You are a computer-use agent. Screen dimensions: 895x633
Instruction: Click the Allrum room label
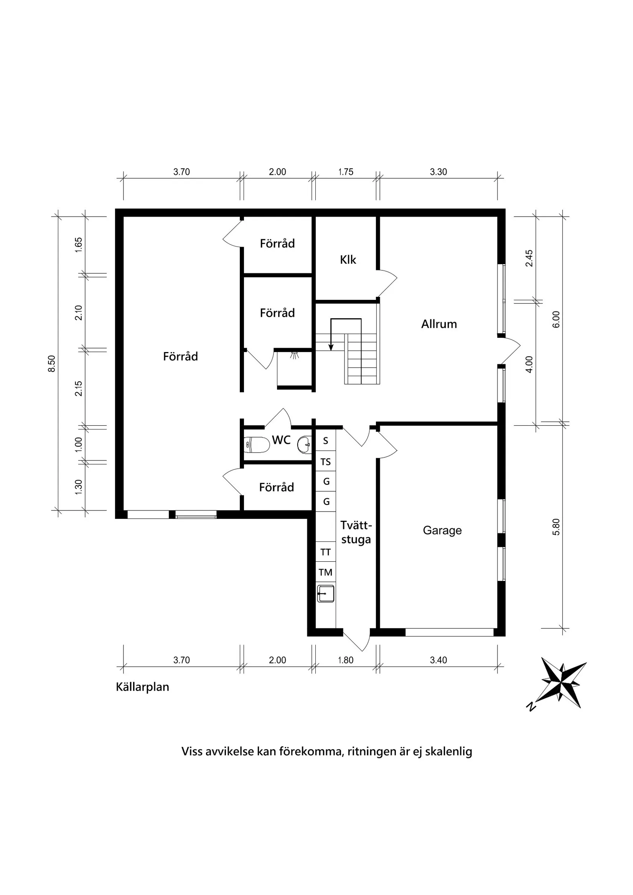pyautogui.click(x=439, y=324)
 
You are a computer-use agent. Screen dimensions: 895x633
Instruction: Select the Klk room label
pyautogui.click(x=348, y=260)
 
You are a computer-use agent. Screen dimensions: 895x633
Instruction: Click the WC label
pyautogui.click(x=281, y=440)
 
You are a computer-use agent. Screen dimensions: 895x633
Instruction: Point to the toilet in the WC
pyautogui.click(x=257, y=444)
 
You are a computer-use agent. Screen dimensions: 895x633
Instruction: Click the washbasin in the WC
pyautogui.click(x=305, y=444)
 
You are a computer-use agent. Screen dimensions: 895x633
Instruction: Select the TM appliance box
pyautogui.click(x=325, y=572)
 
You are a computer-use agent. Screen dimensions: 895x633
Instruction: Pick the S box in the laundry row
pyautogui.click(x=325, y=441)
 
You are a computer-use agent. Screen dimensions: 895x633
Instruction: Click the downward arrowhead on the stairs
pyautogui.click(x=331, y=348)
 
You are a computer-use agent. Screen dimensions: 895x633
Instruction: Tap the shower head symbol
pyautogui.click(x=295, y=355)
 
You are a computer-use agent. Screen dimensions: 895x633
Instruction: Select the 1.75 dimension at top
pyautogui.click(x=346, y=172)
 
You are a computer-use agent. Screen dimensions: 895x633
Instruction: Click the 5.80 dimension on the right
pyautogui.click(x=556, y=527)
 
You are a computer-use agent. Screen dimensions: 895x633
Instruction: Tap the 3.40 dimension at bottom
pyautogui.click(x=438, y=660)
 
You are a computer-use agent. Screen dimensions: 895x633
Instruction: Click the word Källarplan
pyautogui.click(x=142, y=687)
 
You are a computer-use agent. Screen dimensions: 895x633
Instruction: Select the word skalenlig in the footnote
pyautogui.click(x=448, y=751)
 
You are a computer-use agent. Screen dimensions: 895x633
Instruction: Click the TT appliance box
pyautogui.click(x=325, y=552)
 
